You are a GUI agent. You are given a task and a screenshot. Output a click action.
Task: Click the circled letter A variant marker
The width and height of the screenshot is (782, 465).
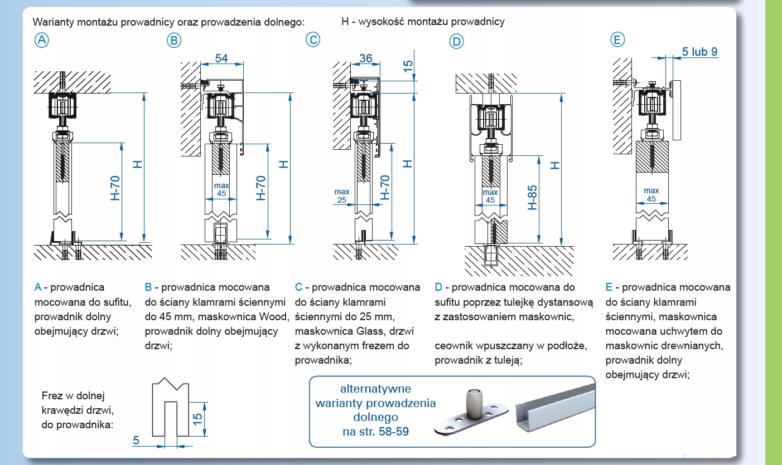coord(41,40)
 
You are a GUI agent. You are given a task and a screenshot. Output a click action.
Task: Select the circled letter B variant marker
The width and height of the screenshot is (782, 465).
coord(174,41)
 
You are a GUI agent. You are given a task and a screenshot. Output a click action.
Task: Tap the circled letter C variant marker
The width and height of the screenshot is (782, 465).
coord(313,40)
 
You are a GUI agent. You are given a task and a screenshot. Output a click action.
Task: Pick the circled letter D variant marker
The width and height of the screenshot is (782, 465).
coord(456,41)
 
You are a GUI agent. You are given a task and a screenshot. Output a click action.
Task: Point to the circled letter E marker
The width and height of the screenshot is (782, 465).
coord(617,40)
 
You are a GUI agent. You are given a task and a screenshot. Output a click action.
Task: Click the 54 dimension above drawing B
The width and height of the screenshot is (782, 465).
coord(221,58)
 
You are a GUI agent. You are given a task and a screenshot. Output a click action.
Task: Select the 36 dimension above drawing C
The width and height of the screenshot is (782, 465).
coord(366,58)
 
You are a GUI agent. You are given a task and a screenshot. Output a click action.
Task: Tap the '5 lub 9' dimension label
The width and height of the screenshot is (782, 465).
coord(699,52)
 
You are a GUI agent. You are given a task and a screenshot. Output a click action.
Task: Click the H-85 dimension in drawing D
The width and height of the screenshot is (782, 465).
coord(532,197)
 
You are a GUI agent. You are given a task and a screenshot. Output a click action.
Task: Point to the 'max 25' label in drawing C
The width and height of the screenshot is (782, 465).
coord(342,196)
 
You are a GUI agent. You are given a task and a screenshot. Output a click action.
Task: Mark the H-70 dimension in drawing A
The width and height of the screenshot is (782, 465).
coord(115,188)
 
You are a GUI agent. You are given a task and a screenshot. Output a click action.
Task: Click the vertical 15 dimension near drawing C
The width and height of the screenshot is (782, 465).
coord(408,66)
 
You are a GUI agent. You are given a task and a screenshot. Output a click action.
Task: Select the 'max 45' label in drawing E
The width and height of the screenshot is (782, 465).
coord(651,195)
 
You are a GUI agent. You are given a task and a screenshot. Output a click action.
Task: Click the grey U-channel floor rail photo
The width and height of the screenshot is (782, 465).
coord(556,407)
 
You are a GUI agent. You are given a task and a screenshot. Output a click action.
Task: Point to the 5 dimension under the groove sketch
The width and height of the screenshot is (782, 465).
coord(136,440)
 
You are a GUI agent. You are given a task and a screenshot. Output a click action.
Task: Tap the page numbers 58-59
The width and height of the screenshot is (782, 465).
coord(393,432)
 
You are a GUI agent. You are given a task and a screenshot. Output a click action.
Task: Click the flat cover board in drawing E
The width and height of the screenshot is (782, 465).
coord(677,110)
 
